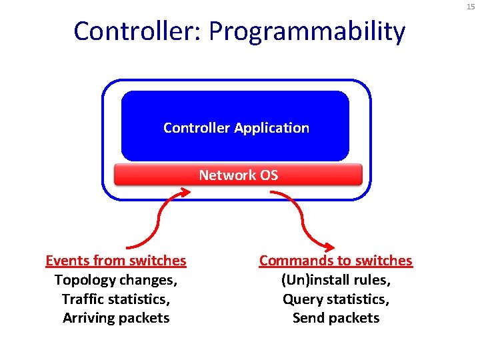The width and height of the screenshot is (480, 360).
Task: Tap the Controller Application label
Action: [x=236, y=127]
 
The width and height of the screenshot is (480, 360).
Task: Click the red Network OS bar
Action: [x=238, y=175]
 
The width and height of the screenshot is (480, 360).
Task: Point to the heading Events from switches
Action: [x=116, y=260]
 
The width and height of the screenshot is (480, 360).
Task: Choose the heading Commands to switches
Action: [x=335, y=260]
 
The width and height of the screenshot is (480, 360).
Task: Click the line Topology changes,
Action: [x=116, y=279]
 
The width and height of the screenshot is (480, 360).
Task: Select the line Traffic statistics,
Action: [x=116, y=299]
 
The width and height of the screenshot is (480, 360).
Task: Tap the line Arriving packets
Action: [x=116, y=318]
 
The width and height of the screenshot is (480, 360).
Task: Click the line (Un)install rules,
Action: [x=335, y=279]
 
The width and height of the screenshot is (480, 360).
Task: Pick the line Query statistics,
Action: [x=335, y=299]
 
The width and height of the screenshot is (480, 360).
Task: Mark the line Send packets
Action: [x=335, y=318]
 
